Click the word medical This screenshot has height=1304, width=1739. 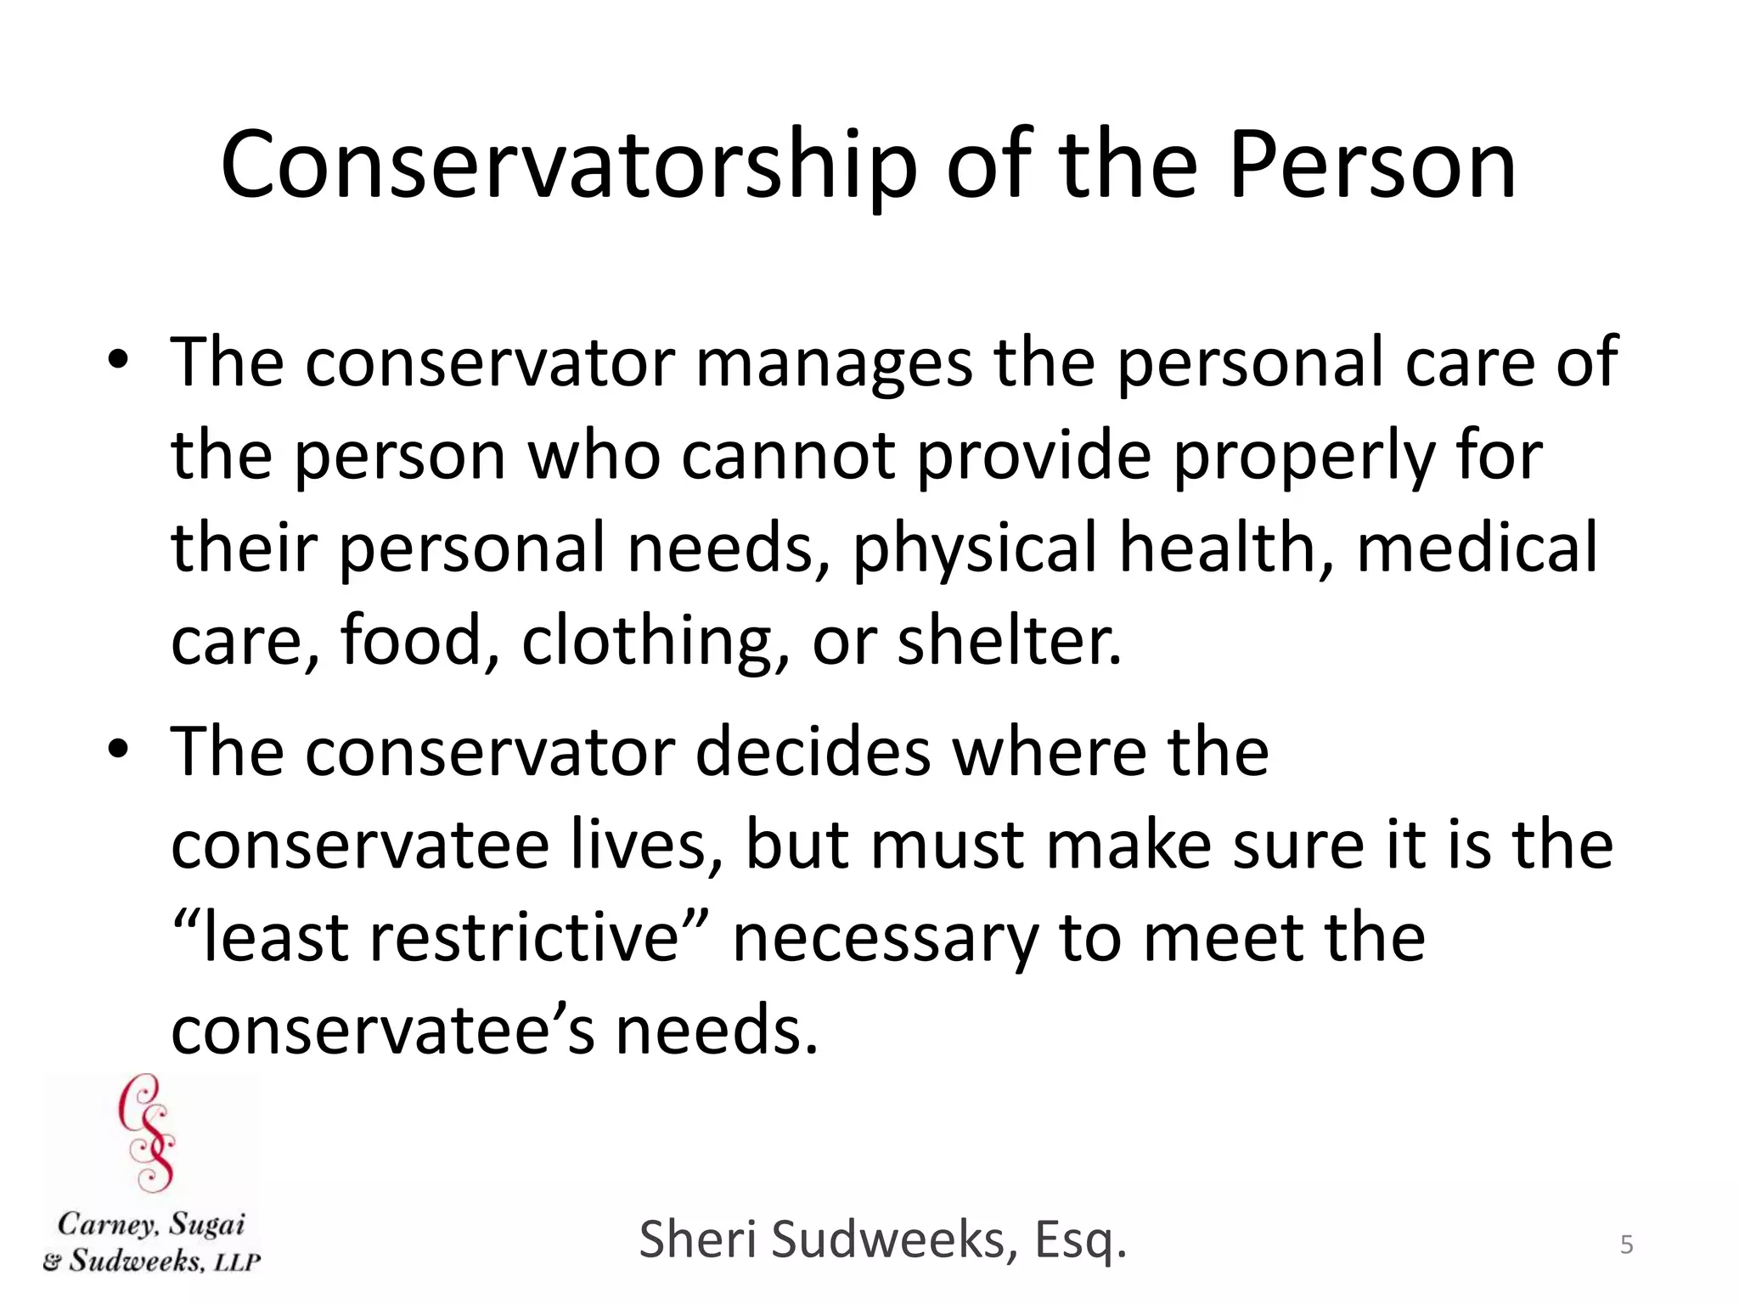pyautogui.click(x=1477, y=548)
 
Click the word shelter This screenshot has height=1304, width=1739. pyautogui.click(x=1010, y=641)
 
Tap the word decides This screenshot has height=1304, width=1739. pyautogui.click(x=813, y=752)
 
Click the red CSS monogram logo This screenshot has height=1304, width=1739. pyautogui.click(x=148, y=1133)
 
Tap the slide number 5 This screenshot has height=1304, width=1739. pyautogui.click(x=1626, y=1245)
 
